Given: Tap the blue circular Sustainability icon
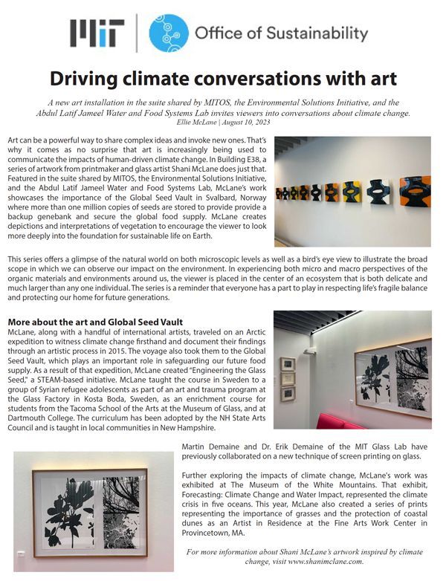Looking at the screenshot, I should (x=169, y=33).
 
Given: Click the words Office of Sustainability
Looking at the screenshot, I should (x=281, y=33).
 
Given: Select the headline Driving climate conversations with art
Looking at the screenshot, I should (x=223, y=78).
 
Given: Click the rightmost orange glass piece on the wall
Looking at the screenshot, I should (x=414, y=190).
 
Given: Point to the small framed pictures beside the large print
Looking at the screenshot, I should (x=288, y=379).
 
